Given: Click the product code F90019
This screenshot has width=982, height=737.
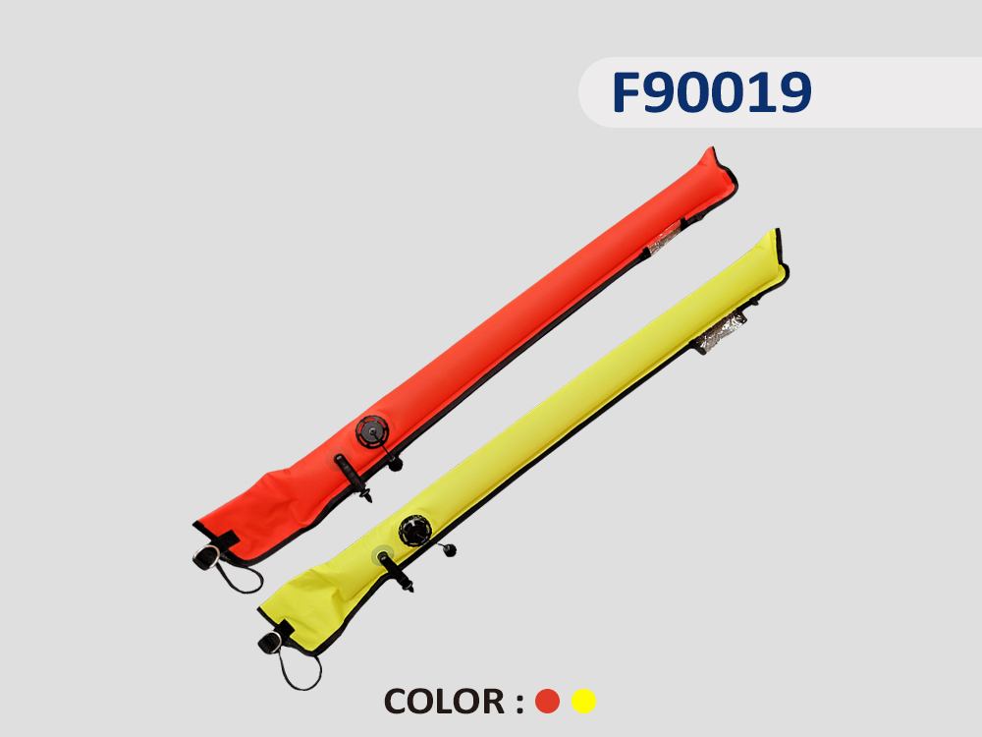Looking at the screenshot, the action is click(711, 92).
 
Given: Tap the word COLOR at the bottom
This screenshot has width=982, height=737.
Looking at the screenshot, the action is click(444, 702).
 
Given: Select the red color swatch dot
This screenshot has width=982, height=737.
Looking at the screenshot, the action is click(547, 702).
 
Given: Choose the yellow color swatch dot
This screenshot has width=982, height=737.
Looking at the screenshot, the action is click(583, 702).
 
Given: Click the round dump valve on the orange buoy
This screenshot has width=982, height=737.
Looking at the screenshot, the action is click(372, 431).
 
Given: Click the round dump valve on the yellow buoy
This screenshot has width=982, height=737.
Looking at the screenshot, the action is click(415, 531).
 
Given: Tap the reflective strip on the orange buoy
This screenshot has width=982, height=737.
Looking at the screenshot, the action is click(664, 239).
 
